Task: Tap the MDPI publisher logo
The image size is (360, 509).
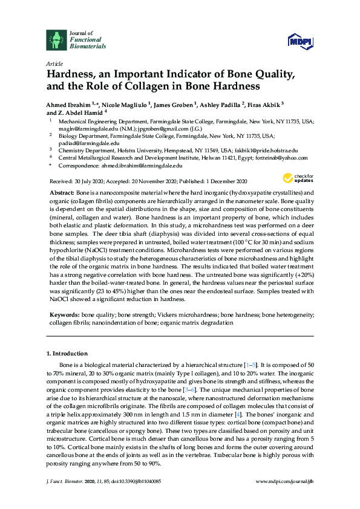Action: (303, 41)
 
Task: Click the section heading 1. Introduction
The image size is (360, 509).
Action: (67, 353)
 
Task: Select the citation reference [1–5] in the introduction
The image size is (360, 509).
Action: (249, 366)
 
